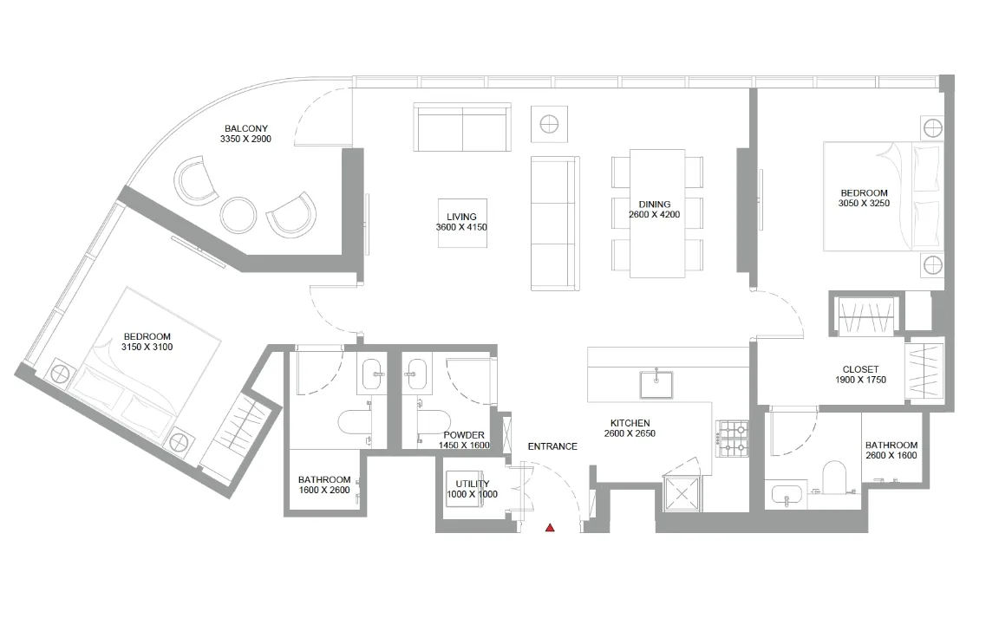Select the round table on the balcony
[x=238, y=214]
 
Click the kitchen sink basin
[x=656, y=382]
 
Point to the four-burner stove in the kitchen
[x=732, y=439]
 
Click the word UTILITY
[x=472, y=484]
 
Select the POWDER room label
[x=464, y=435]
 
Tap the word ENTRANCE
[x=552, y=446]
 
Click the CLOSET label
[x=860, y=369]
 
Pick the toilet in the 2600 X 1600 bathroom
[x=832, y=477]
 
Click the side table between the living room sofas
[x=549, y=123]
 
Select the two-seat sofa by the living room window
[x=462, y=127]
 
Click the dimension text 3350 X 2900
[x=246, y=139]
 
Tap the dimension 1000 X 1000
[x=472, y=495]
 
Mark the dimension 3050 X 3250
[x=864, y=204]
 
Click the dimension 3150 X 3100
[x=147, y=348]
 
